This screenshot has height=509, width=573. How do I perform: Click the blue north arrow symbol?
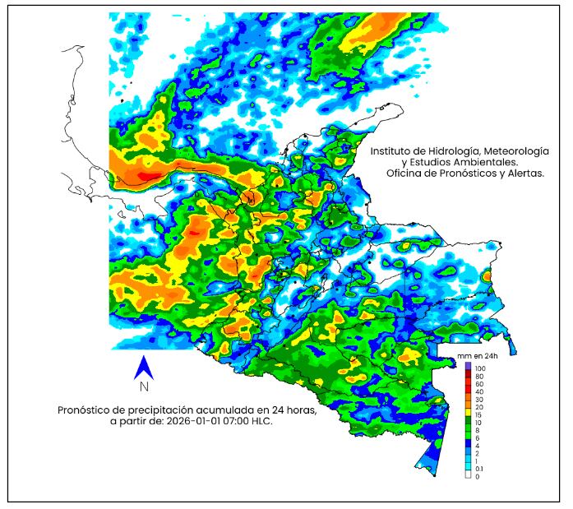point(144,368)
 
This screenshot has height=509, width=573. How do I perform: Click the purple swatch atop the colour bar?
point(468,365)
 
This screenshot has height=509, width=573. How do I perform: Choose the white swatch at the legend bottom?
point(468,476)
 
